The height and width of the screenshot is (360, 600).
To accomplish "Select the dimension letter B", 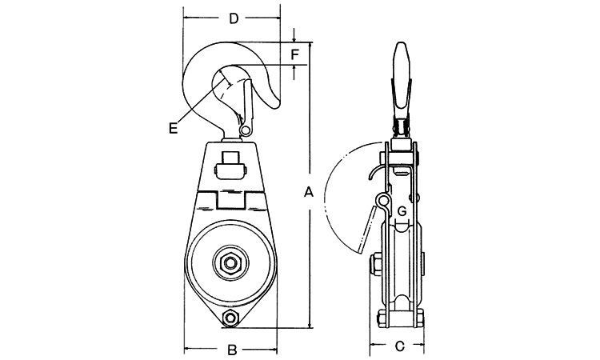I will [x=230, y=349].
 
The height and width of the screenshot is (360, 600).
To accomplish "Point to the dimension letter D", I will [x=233, y=18].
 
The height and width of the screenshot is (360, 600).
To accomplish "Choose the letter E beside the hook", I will [x=174, y=126].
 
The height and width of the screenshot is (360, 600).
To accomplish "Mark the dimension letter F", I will [x=294, y=54].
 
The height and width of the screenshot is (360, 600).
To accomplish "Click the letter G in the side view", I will [x=402, y=210].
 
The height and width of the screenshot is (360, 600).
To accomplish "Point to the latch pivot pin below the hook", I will [x=246, y=130].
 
